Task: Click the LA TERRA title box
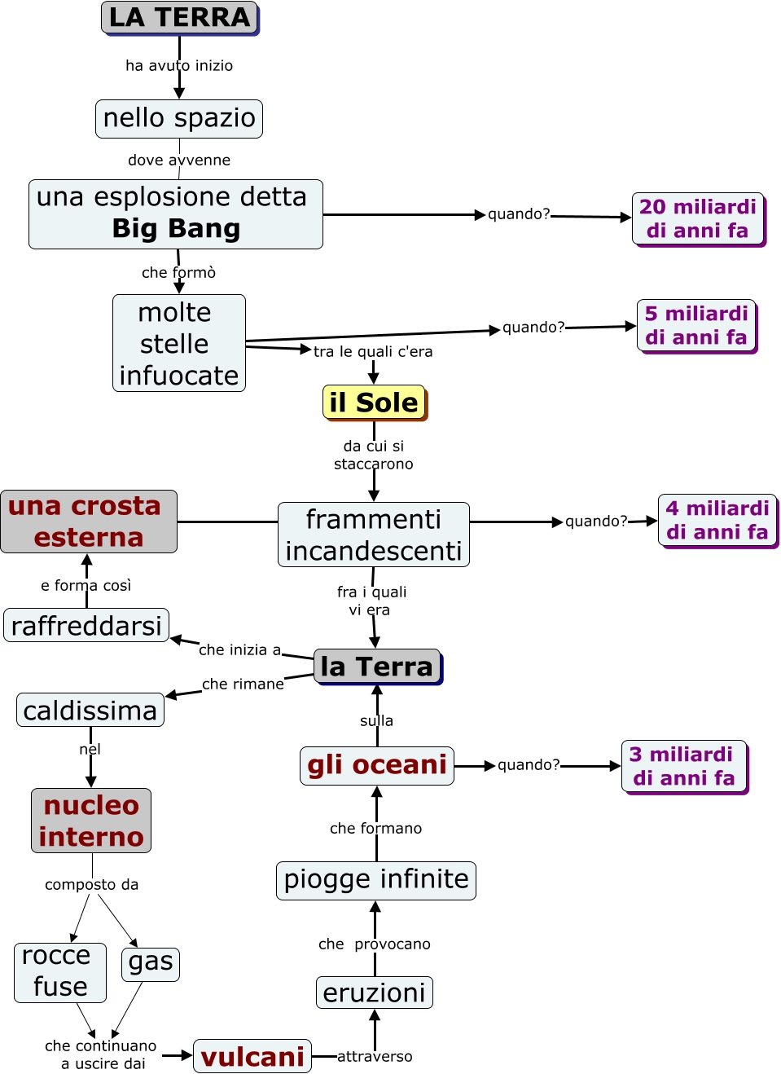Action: tap(179, 18)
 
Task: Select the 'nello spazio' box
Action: tap(179, 119)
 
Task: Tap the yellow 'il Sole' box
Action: tap(374, 403)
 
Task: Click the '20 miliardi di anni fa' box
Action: tap(698, 218)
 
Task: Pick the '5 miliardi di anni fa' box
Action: tap(696, 326)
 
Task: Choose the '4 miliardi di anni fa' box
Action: tap(717, 521)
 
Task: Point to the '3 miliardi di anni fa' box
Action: tap(683, 766)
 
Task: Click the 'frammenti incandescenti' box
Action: tap(374, 535)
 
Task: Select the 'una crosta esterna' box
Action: tap(88, 522)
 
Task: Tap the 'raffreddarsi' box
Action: tap(86, 626)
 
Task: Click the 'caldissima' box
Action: tap(90, 711)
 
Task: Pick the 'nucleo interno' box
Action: tap(91, 821)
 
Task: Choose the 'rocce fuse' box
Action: tap(60, 972)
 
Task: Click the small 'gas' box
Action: tap(151, 963)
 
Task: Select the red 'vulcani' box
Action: tap(252, 1057)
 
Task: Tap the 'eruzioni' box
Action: tap(375, 993)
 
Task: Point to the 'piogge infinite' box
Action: tap(375, 880)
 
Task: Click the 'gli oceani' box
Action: tap(376, 765)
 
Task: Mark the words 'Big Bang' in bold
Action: tap(176, 229)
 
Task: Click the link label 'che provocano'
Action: tap(375, 944)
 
